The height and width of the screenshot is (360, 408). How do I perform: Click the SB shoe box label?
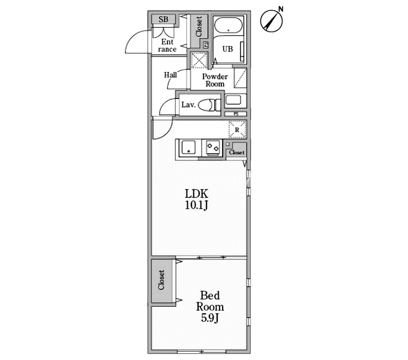[163, 19]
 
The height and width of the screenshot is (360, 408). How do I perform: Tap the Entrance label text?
[167, 46]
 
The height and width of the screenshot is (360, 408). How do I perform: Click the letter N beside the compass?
[281, 10]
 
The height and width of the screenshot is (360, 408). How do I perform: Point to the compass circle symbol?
[271, 21]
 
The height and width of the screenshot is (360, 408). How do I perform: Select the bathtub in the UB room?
[228, 25]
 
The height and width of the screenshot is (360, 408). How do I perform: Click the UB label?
[227, 49]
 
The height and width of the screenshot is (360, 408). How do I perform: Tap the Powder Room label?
[215, 80]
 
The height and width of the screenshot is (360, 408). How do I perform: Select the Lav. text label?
[188, 105]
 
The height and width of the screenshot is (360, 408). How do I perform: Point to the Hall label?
[170, 75]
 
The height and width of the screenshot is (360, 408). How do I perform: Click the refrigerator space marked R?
[238, 129]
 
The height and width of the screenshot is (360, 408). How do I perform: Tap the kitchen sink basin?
[188, 148]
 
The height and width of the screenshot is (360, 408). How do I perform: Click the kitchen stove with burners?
[213, 148]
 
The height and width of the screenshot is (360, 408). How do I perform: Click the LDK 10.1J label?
[196, 199]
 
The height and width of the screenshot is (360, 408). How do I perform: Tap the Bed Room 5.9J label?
[210, 307]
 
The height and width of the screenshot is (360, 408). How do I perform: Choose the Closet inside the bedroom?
[161, 280]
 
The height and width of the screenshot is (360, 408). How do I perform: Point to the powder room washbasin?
[233, 100]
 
